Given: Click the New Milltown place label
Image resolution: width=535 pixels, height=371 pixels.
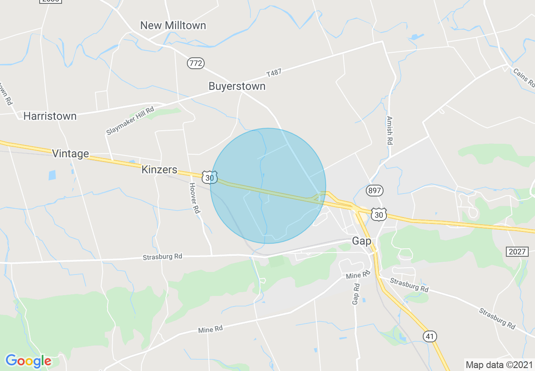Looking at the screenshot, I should (173, 25).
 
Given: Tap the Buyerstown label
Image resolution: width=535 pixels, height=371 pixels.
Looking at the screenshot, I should (237, 86).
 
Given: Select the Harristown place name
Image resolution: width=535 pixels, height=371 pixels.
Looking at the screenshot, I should (50, 116).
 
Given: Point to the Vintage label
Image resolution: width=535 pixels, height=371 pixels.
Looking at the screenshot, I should (70, 153).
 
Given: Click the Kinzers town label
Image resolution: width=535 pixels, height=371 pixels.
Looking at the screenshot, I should (159, 169).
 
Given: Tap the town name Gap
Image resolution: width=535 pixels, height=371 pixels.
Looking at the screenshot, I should (362, 241).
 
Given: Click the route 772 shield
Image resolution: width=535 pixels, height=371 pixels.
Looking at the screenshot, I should (196, 64).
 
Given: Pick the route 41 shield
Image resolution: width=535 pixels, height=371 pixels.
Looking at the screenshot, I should (430, 336).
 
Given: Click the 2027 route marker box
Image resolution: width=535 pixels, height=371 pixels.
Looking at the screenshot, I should (517, 252).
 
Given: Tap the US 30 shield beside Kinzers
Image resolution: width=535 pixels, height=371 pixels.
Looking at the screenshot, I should (209, 177).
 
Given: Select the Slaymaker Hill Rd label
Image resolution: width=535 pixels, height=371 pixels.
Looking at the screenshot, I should (130, 121).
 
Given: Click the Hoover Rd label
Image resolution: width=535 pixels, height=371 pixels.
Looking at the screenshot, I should (194, 198).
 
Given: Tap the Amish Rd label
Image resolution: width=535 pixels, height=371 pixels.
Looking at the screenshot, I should (389, 131).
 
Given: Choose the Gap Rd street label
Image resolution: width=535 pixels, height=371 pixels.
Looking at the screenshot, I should (356, 294).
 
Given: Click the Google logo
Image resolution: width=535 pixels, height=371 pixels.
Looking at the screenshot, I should (28, 361).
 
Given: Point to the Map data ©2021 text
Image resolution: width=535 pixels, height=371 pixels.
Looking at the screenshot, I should (498, 364).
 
